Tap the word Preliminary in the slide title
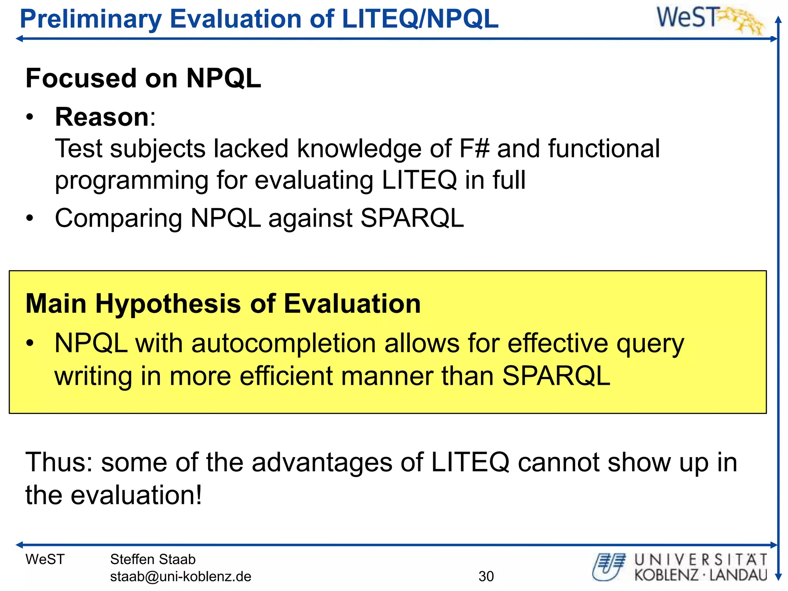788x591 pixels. [91, 19]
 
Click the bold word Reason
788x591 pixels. [102, 117]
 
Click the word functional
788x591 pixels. [604, 149]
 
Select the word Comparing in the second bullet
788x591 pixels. [118, 219]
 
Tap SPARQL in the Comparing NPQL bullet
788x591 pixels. [412, 218]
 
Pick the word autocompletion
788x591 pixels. [284, 343]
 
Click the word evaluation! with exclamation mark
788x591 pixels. [136, 495]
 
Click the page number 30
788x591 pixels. [486, 576]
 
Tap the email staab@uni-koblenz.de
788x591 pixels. [180, 576]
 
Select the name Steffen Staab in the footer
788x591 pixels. [153, 559]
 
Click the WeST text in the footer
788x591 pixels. [45, 559]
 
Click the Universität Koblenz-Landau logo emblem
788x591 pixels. [609, 567]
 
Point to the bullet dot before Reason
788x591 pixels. [30, 118]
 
